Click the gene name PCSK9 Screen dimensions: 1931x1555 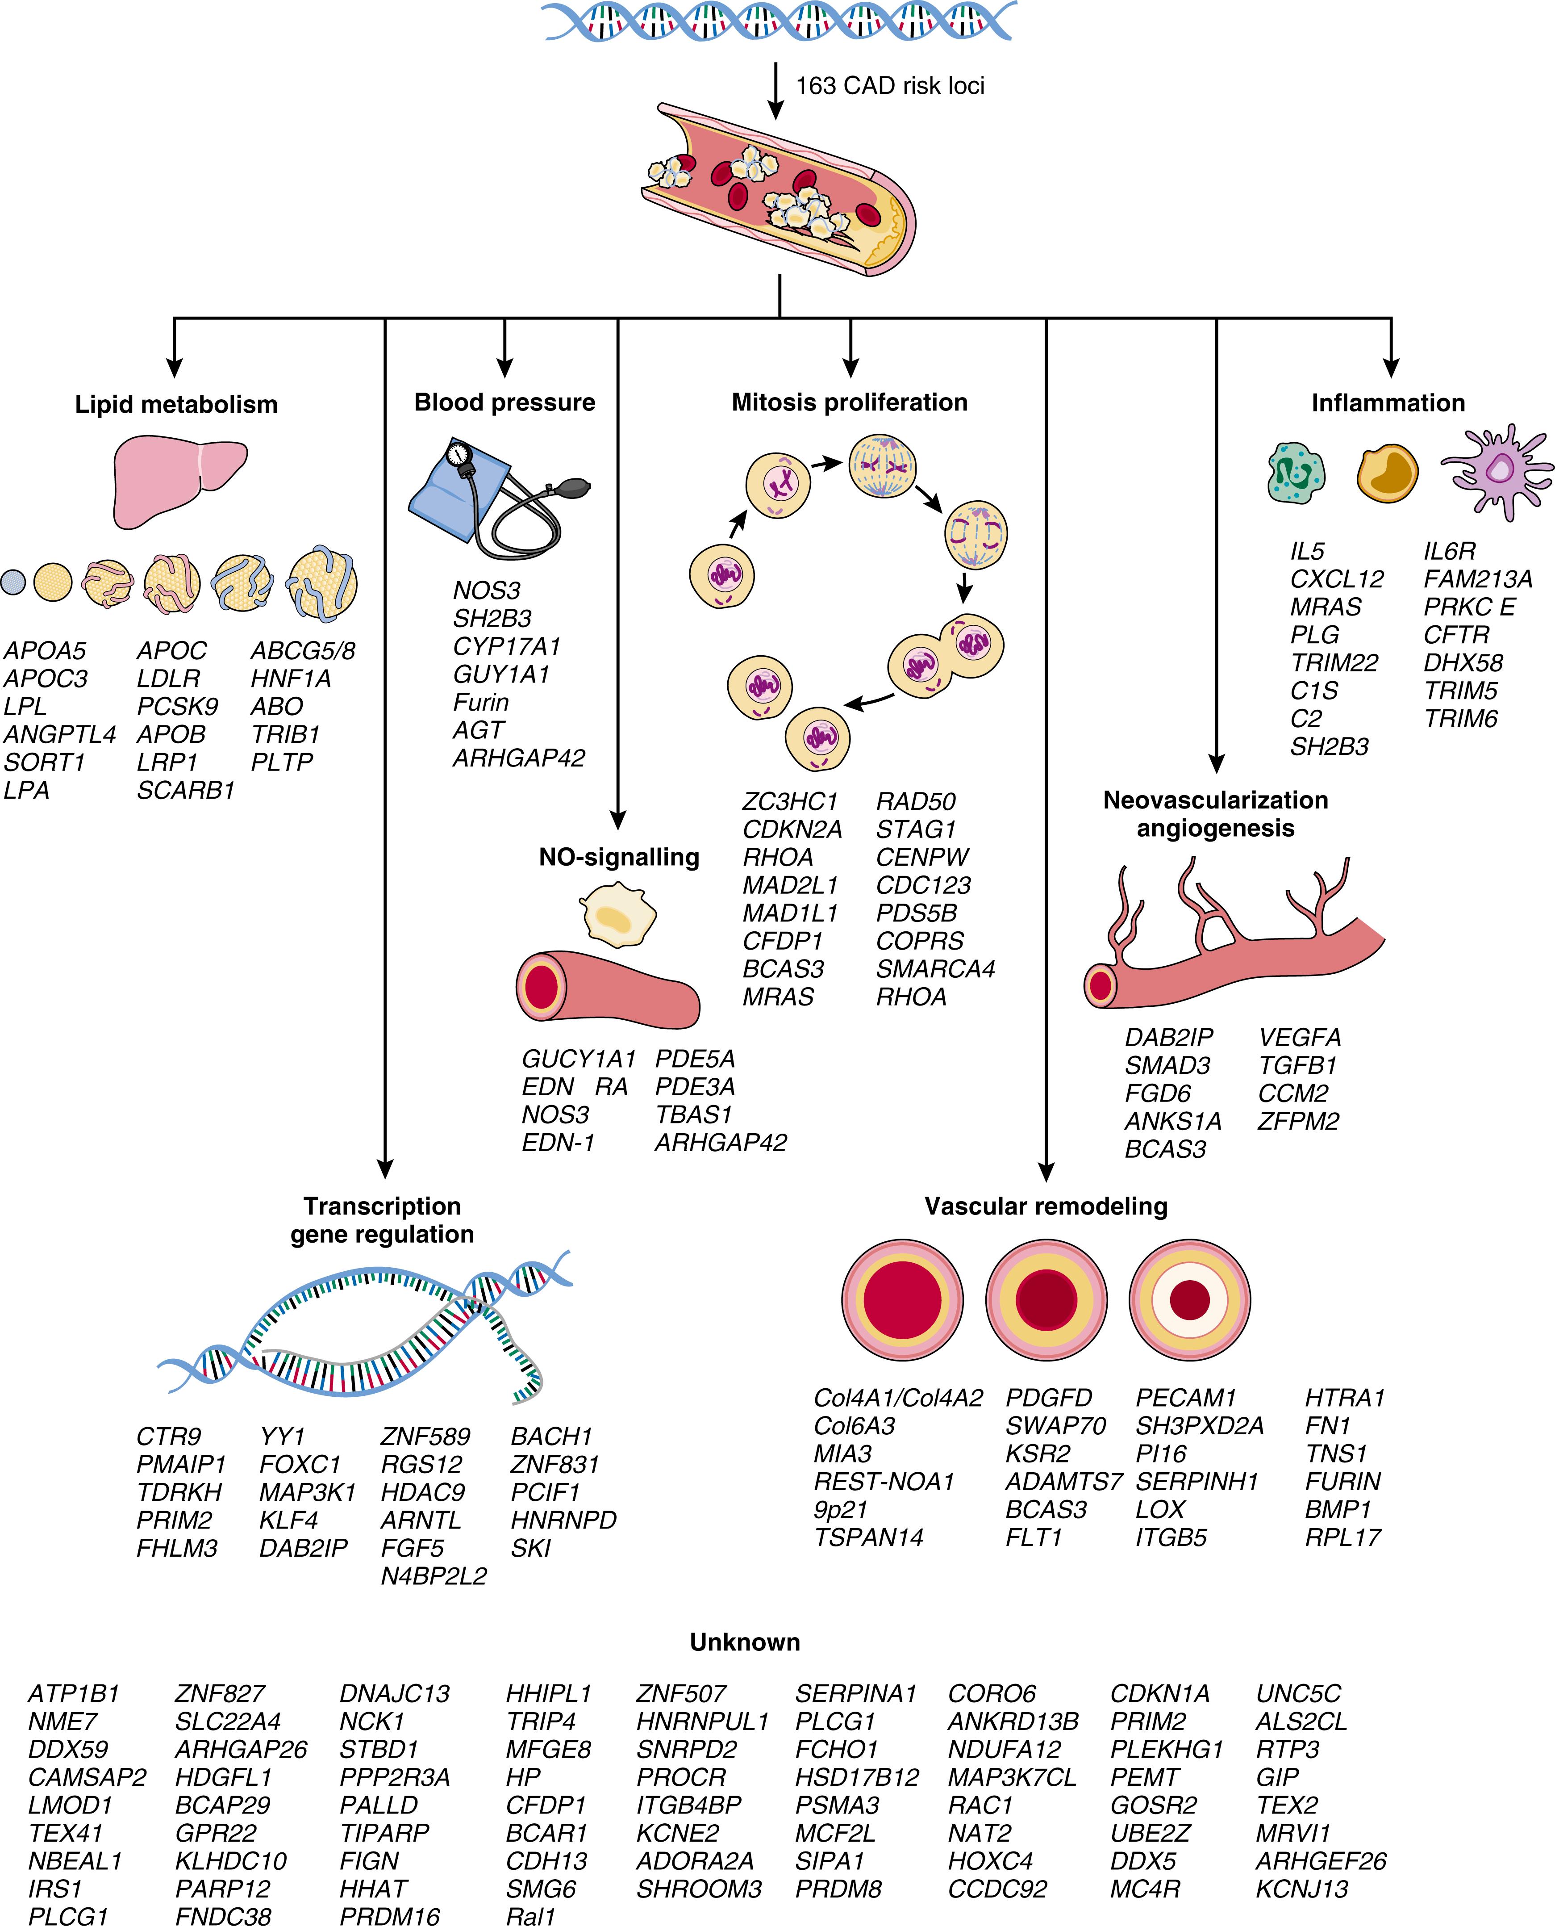pyautogui.click(x=177, y=707)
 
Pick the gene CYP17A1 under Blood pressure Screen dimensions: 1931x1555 pyautogui.click(x=507, y=646)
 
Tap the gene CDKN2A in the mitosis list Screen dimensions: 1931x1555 pyautogui.click(x=792, y=830)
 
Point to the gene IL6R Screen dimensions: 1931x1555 pyautogui.click(x=1449, y=551)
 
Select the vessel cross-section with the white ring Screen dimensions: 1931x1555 pyautogui.click(x=1189, y=1299)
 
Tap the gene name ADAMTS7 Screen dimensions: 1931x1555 pyautogui.click(x=1063, y=1482)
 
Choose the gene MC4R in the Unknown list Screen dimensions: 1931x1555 pyautogui.click(x=1145, y=1889)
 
